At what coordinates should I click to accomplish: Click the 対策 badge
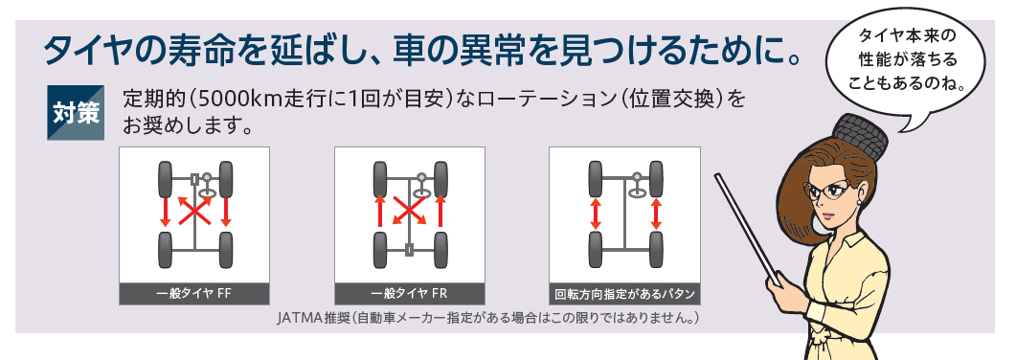pyautogui.click(x=76, y=112)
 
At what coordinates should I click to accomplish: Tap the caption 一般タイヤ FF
pyautogui.click(x=193, y=293)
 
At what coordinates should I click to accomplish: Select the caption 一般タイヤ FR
pyautogui.click(x=410, y=293)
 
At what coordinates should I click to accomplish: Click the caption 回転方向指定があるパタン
pyautogui.click(x=624, y=294)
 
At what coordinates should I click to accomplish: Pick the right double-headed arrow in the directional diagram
pyautogui.click(x=655, y=214)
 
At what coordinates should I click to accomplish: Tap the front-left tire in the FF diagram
pyautogui.click(x=165, y=179)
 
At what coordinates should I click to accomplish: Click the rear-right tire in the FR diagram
pyautogui.click(x=440, y=250)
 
